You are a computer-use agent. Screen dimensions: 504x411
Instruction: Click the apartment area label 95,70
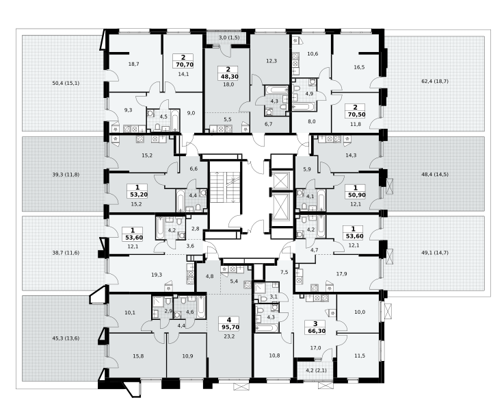pos(228,327)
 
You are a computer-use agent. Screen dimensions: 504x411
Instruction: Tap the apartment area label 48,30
pos(227,77)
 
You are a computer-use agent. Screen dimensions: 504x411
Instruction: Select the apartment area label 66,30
pos(315,331)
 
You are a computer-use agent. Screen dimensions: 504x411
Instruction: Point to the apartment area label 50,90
pos(355,195)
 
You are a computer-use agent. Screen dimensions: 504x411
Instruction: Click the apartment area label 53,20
pos(137,195)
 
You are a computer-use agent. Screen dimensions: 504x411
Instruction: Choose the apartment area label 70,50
pos(355,114)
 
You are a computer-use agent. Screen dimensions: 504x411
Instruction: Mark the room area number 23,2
pos(229,336)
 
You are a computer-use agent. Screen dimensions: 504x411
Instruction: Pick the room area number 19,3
pos(157,275)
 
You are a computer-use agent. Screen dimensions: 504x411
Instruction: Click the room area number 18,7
pos(134,64)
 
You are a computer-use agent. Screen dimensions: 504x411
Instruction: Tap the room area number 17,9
pos(341,274)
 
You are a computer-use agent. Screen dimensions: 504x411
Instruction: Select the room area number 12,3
pos(271,61)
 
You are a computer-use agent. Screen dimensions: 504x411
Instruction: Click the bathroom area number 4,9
pos(309,94)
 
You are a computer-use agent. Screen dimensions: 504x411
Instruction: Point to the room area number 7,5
pos(284,272)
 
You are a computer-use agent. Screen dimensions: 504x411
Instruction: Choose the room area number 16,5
pos(359,67)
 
